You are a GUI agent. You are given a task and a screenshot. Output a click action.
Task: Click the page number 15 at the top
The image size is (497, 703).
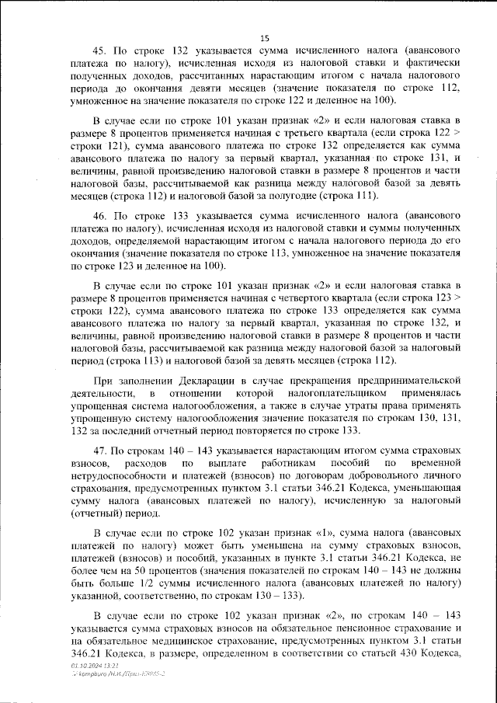pyautogui.click(x=264, y=38)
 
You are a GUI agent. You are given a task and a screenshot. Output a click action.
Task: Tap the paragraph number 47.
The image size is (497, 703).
pyautogui.click(x=101, y=450)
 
